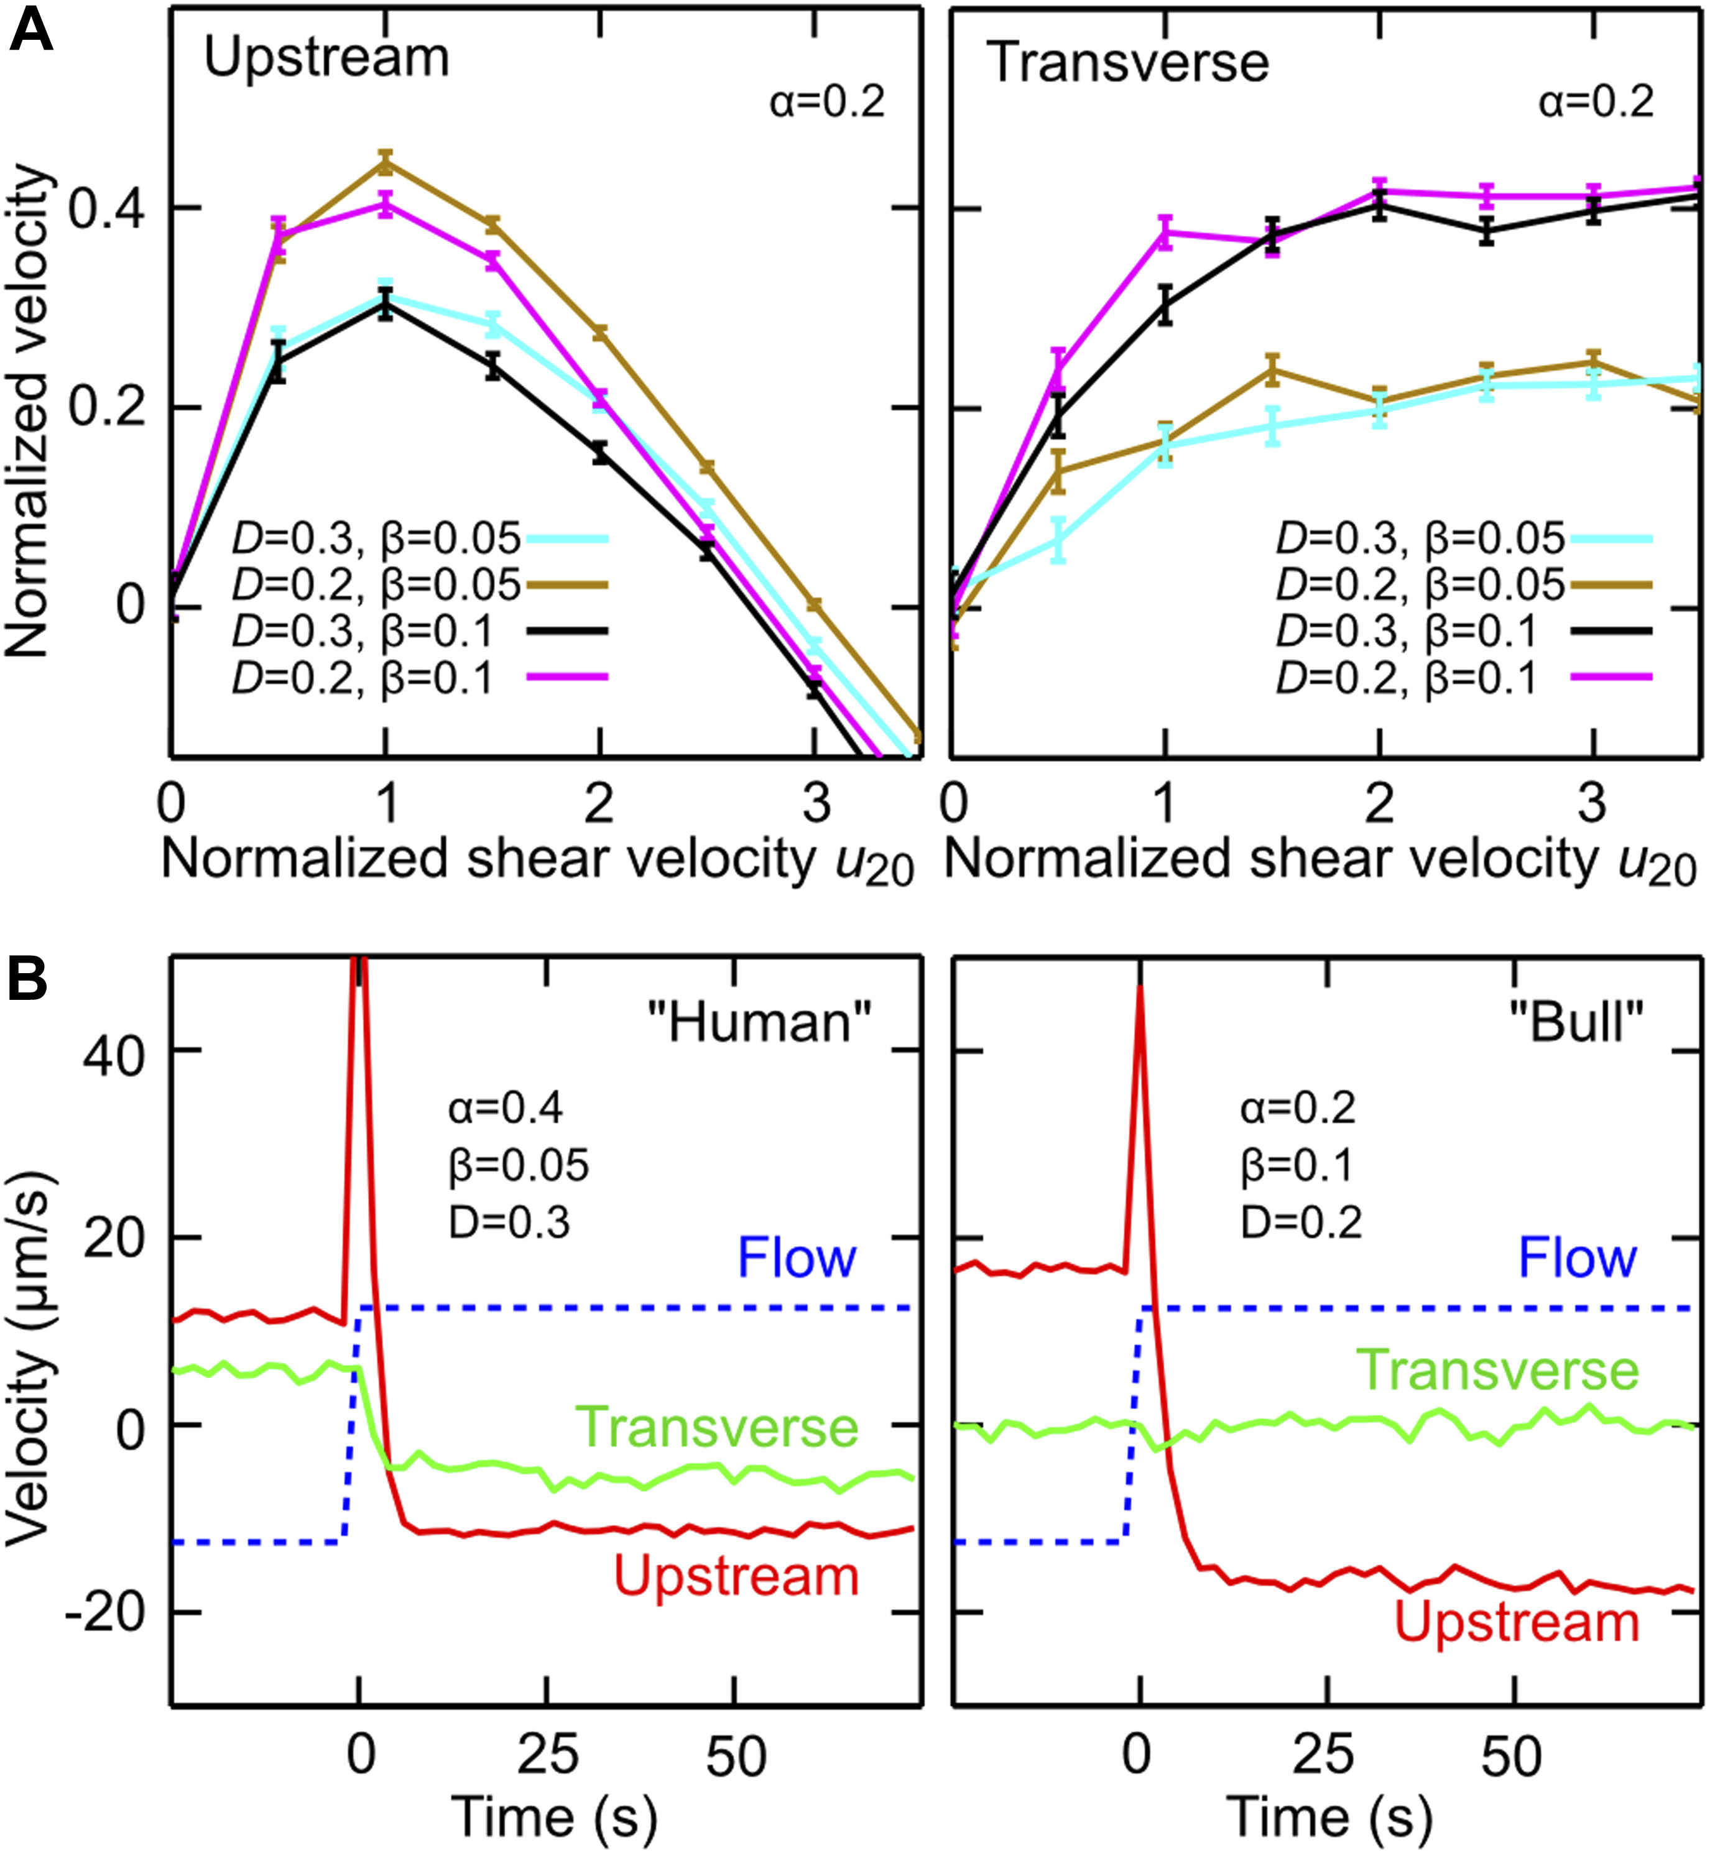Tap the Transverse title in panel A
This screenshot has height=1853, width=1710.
click(x=1127, y=63)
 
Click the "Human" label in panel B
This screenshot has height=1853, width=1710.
click(x=759, y=1022)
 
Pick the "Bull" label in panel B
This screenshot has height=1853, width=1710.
click(x=1576, y=1022)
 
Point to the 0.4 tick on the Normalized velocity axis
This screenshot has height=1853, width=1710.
click(x=106, y=209)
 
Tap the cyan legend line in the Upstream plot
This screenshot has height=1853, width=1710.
click(x=567, y=538)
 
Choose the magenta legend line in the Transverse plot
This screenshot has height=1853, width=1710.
click(x=1612, y=678)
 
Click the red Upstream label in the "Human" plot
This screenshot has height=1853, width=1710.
click(x=737, y=1576)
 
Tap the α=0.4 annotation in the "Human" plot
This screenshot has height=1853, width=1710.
click(x=505, y=1107)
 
